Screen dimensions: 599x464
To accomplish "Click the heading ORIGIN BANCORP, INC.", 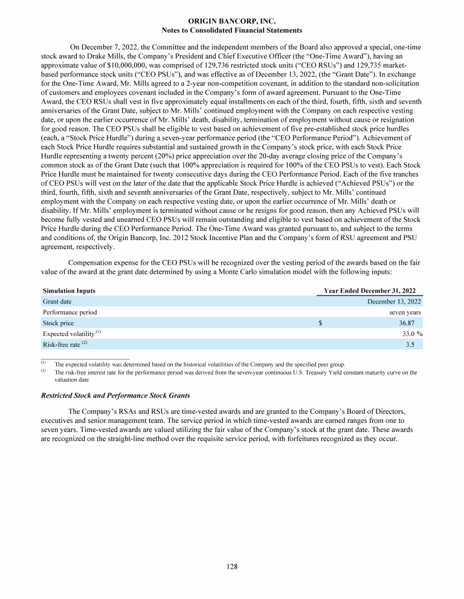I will click(x=232, y=21).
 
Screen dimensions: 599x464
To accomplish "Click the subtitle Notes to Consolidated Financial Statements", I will click(x=232, y=30).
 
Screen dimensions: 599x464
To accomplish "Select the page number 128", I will click(x=232, y=566).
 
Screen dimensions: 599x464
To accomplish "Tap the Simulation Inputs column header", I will click(x=69, y=291).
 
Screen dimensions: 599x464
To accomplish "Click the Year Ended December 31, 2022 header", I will click(x=369, y=291).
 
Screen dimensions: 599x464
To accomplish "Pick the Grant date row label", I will click(x=58, y=301).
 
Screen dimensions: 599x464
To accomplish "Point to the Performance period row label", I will click(x=69, y=312).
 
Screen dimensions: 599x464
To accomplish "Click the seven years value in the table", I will click(x=405, y=312).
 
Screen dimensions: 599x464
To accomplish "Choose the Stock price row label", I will click(x=59, y=323).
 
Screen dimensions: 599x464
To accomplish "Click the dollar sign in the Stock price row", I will click(x=320, y=323).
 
